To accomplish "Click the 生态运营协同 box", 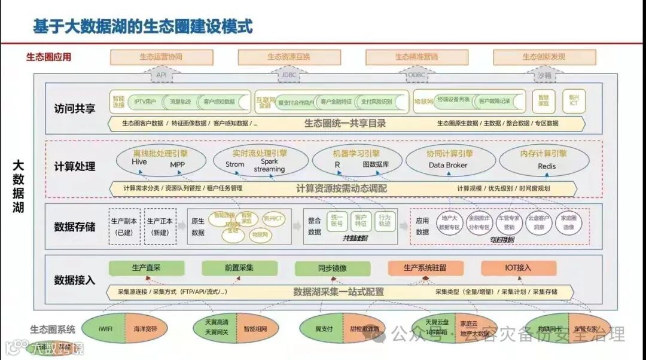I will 161,57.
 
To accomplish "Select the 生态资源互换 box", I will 289,57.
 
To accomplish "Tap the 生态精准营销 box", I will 416,57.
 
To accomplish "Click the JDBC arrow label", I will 289,76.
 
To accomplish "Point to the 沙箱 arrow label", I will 543,76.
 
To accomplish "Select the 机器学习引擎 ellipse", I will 356,158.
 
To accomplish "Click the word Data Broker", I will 448,166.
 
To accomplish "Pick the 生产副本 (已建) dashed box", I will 124,226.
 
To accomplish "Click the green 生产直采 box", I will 147,268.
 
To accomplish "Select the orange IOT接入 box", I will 519,268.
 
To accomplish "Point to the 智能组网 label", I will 256,329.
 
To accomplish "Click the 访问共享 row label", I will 74,109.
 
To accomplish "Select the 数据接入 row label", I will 74,279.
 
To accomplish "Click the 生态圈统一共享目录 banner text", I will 345,124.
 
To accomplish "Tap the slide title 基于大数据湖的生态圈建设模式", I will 143,28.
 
